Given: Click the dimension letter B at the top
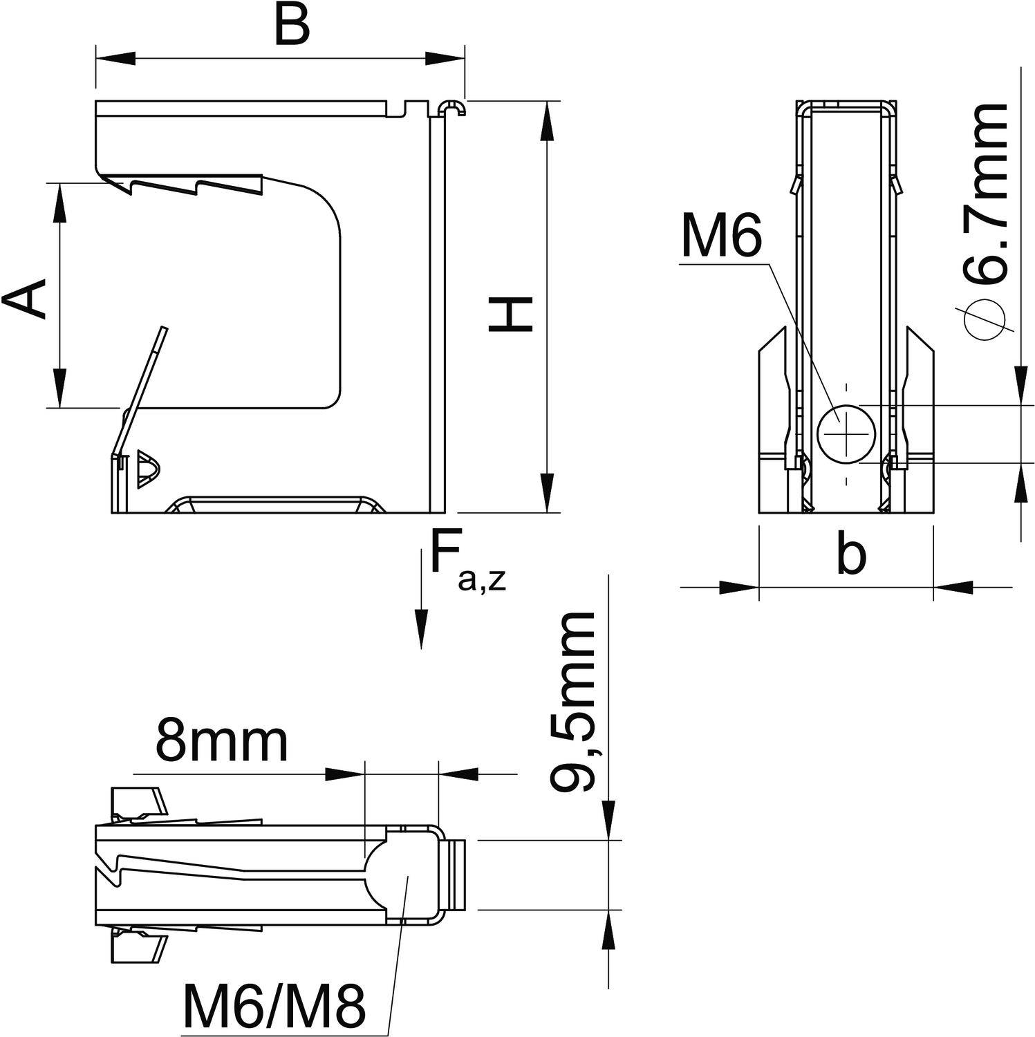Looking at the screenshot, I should point(291,27).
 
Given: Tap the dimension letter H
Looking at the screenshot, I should point(511,315).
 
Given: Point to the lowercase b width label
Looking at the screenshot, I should point(850,554).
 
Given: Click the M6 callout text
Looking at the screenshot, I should point(721,236).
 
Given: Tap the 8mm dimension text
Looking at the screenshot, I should point(221,740).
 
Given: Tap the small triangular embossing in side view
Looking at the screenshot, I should point(147,469).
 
